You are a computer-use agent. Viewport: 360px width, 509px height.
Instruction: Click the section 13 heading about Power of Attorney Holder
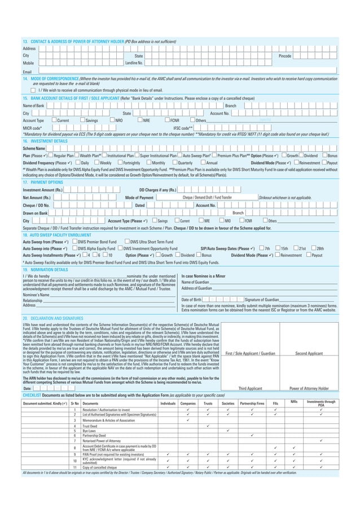pyautogui.click(x=73, y=41)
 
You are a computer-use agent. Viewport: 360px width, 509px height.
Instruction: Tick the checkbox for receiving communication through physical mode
pyautogui.click(x=33, y=90)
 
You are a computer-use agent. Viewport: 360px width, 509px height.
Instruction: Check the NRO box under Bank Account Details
pyautogui.click(x=111, y=120)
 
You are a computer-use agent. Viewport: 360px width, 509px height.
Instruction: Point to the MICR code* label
pyautogui.click(x=32, y=128)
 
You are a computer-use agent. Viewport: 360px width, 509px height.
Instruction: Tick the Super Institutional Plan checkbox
pyautogui.click(x=137, y=155)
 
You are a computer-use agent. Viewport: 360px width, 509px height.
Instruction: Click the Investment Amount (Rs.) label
pyautogui.click(x=42, y=190)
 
